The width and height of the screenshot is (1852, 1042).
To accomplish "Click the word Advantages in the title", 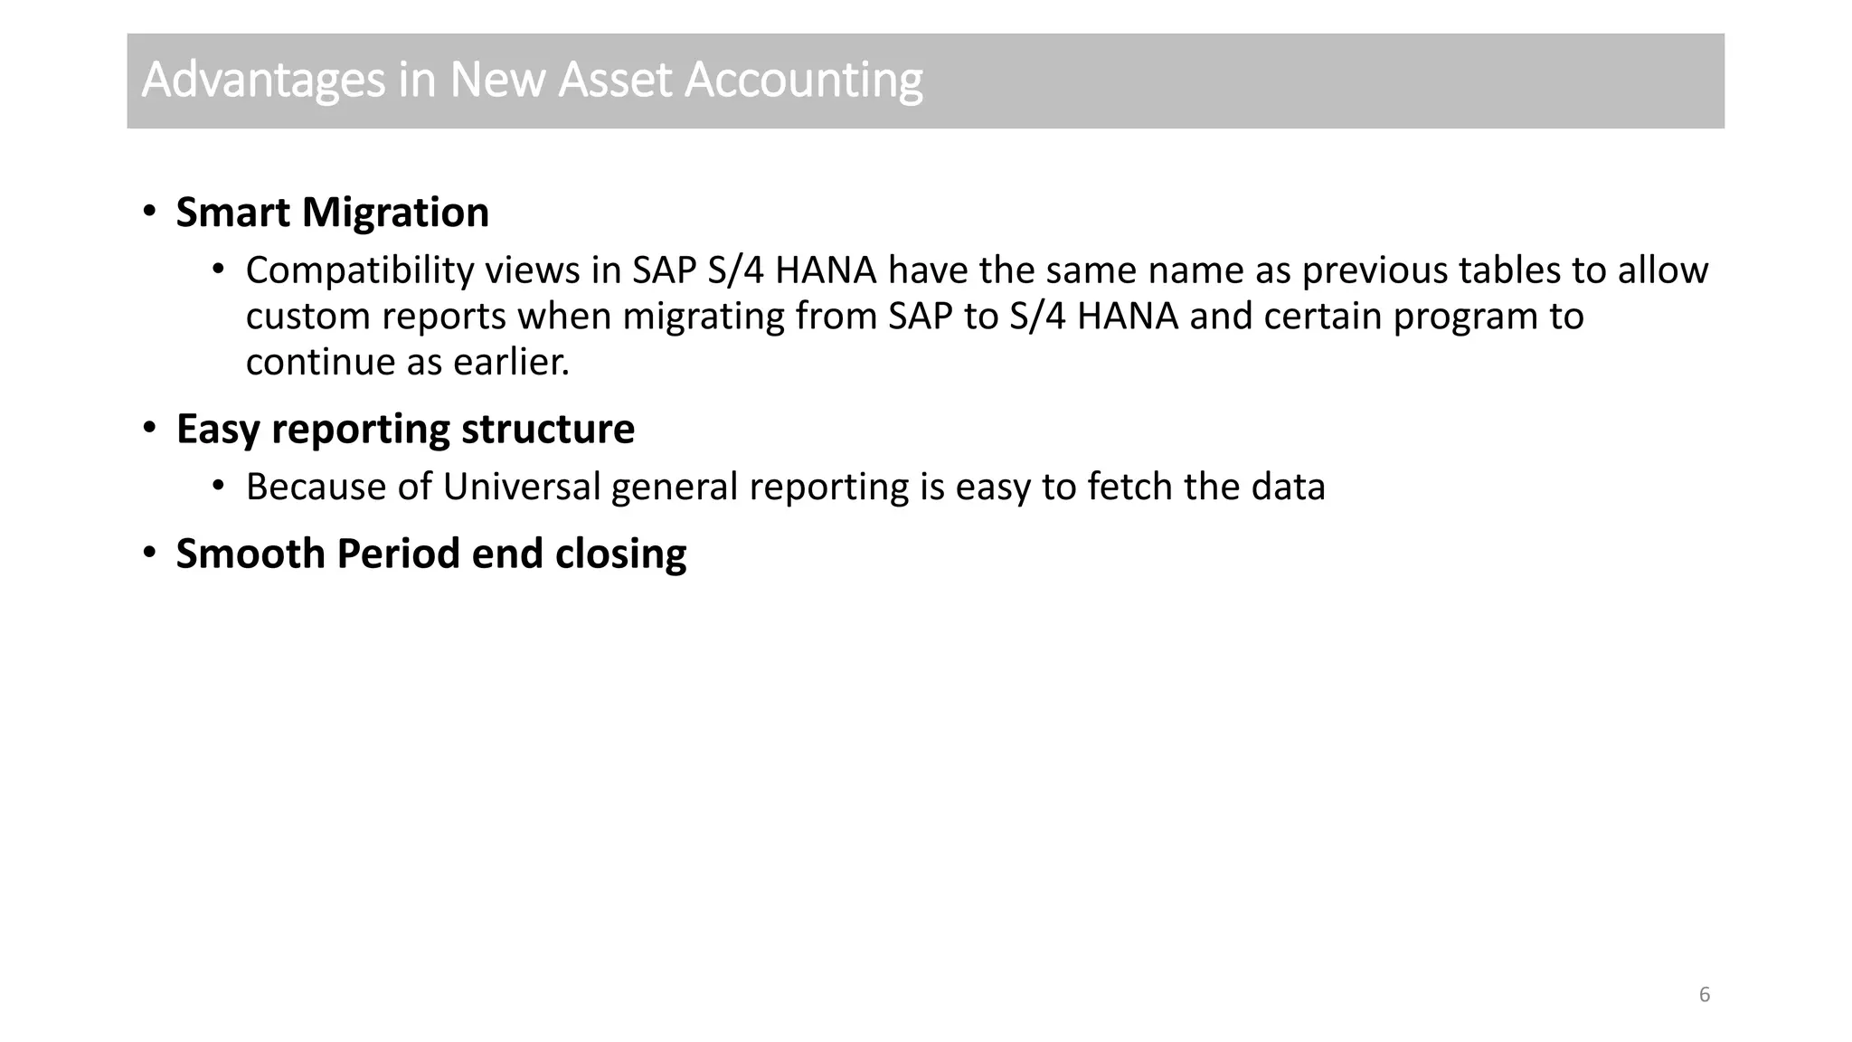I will [x=263, y=81].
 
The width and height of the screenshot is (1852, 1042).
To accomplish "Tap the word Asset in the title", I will [x=615, y=80].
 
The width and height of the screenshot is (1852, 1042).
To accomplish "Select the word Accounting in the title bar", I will [x=803, y=81].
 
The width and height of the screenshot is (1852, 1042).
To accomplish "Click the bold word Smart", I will [x=233, y=213].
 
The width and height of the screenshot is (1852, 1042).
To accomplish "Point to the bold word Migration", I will [x=395, y=213].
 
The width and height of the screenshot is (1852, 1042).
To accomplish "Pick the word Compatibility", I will [x=359, y=270].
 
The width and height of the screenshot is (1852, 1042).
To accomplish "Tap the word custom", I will [x=307, y=317].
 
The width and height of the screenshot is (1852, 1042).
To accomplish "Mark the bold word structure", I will [x=548, y=429].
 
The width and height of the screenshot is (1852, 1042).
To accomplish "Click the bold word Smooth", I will [x=250, y=554].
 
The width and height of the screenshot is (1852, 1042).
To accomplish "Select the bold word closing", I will [x=620, y=554].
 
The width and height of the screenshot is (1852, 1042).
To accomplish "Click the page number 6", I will [x=1705, y=995].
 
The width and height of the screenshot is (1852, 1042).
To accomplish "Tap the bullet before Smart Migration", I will [x=150, y=212].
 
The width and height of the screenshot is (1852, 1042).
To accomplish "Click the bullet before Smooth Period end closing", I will [x=150, y=553].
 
